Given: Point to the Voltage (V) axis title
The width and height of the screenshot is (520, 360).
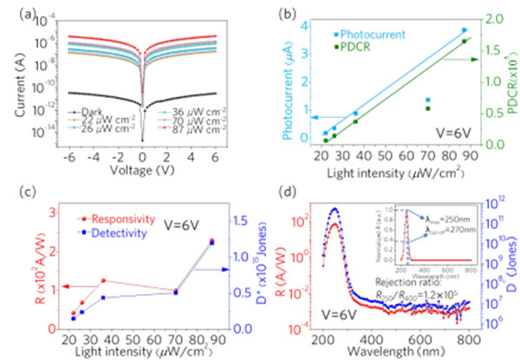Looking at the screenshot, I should (x=143, y=169).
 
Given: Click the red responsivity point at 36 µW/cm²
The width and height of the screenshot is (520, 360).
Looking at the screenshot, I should (x=103, y=281).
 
